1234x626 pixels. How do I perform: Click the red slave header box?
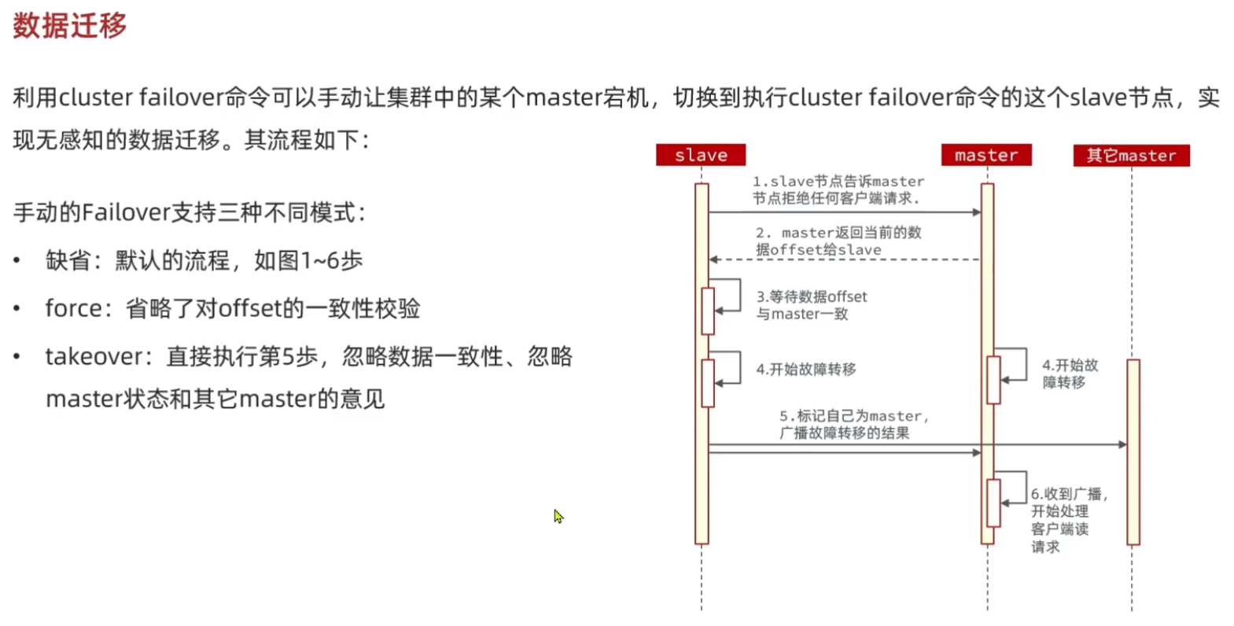(701, 155)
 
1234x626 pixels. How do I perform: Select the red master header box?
(986, 155)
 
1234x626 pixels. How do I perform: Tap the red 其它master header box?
(1131, 155)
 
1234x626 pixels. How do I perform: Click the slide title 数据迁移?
(69, 26)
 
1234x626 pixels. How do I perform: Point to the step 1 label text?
(838, 190)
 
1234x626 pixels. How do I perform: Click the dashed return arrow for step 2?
(845, 260)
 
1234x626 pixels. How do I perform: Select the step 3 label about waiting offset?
(811, 305)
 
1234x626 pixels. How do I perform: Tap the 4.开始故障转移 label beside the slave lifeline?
(806, 369)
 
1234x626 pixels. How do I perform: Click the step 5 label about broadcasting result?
(853, 424)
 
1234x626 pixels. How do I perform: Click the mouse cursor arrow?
(558, 516)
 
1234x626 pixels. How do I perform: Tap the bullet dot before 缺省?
(17, 260)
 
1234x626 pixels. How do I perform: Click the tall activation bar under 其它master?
(1133, 451)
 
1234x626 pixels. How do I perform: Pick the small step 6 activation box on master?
(993, 503)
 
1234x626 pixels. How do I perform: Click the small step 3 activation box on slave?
(708, 311)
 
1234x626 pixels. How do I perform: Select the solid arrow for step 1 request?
(845, 212)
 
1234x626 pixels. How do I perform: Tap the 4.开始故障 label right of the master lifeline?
(1070, 374)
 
